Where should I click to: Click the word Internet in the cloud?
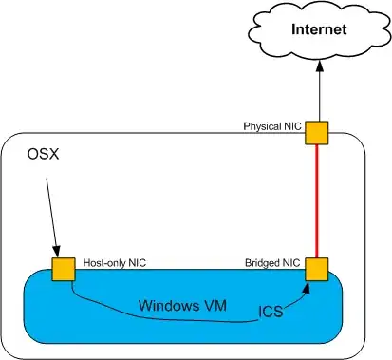click(319, 29)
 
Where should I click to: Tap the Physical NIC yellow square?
click(316, 133)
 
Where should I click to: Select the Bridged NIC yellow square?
click(317, 270)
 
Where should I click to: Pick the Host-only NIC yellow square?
click(64, 269)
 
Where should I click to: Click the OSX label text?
click(44, 154)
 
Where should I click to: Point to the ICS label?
click(271, 312)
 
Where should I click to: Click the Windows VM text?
click(182, 306)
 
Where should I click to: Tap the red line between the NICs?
click(317, 201)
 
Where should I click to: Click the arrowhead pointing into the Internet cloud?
click(319, 66)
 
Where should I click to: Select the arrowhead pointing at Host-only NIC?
click(57, 252)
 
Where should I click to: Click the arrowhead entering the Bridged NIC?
click(306, 287)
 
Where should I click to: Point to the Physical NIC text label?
click(272, 126)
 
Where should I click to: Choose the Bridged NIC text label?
click(272, 263)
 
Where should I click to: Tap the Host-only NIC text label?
click(115, 263)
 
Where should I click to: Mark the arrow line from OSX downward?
click(52, 218)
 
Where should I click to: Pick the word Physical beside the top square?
click(262, 126)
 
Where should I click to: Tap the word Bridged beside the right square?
click(263, 263)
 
